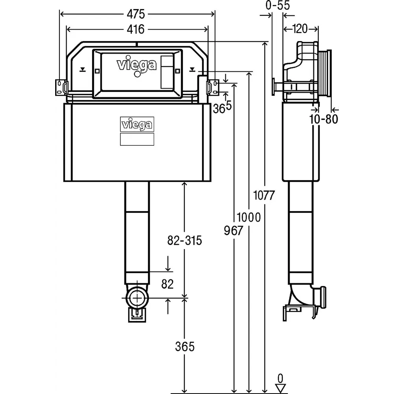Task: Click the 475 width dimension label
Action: pyautogui.click(x=136, y=14)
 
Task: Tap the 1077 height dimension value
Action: pyautogui.click(x=264, y=195)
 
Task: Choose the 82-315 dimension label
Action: pyautogui.click(x=184, y=240)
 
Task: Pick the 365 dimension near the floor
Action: pyautogui.click(x=184, y=347)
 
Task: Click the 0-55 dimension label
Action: pyautogui.click(x=277, y=6)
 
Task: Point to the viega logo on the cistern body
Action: pyautogui.click(x=136, y=125)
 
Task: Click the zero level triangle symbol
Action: pyautogui.click(x=280, y=388)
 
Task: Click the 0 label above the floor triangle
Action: pyautogui.click(x=280, y=379)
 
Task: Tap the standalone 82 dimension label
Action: pyautogui.click(x=167, y=284)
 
